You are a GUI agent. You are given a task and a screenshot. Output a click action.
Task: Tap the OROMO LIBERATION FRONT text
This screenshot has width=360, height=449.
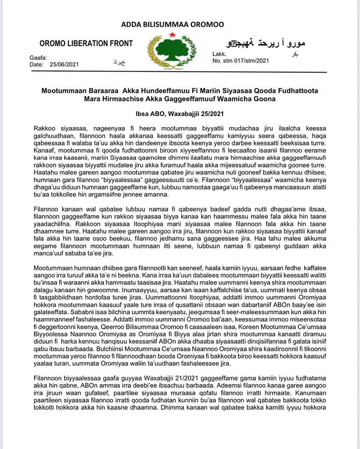click(86, 43)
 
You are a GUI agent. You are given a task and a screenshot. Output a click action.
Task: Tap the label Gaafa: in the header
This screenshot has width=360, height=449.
click(38, 58)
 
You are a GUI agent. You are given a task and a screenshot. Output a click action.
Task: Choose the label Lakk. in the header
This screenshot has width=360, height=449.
click(219, 54)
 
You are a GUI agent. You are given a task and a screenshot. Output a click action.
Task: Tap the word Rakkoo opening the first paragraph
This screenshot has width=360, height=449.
click(45, 128)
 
